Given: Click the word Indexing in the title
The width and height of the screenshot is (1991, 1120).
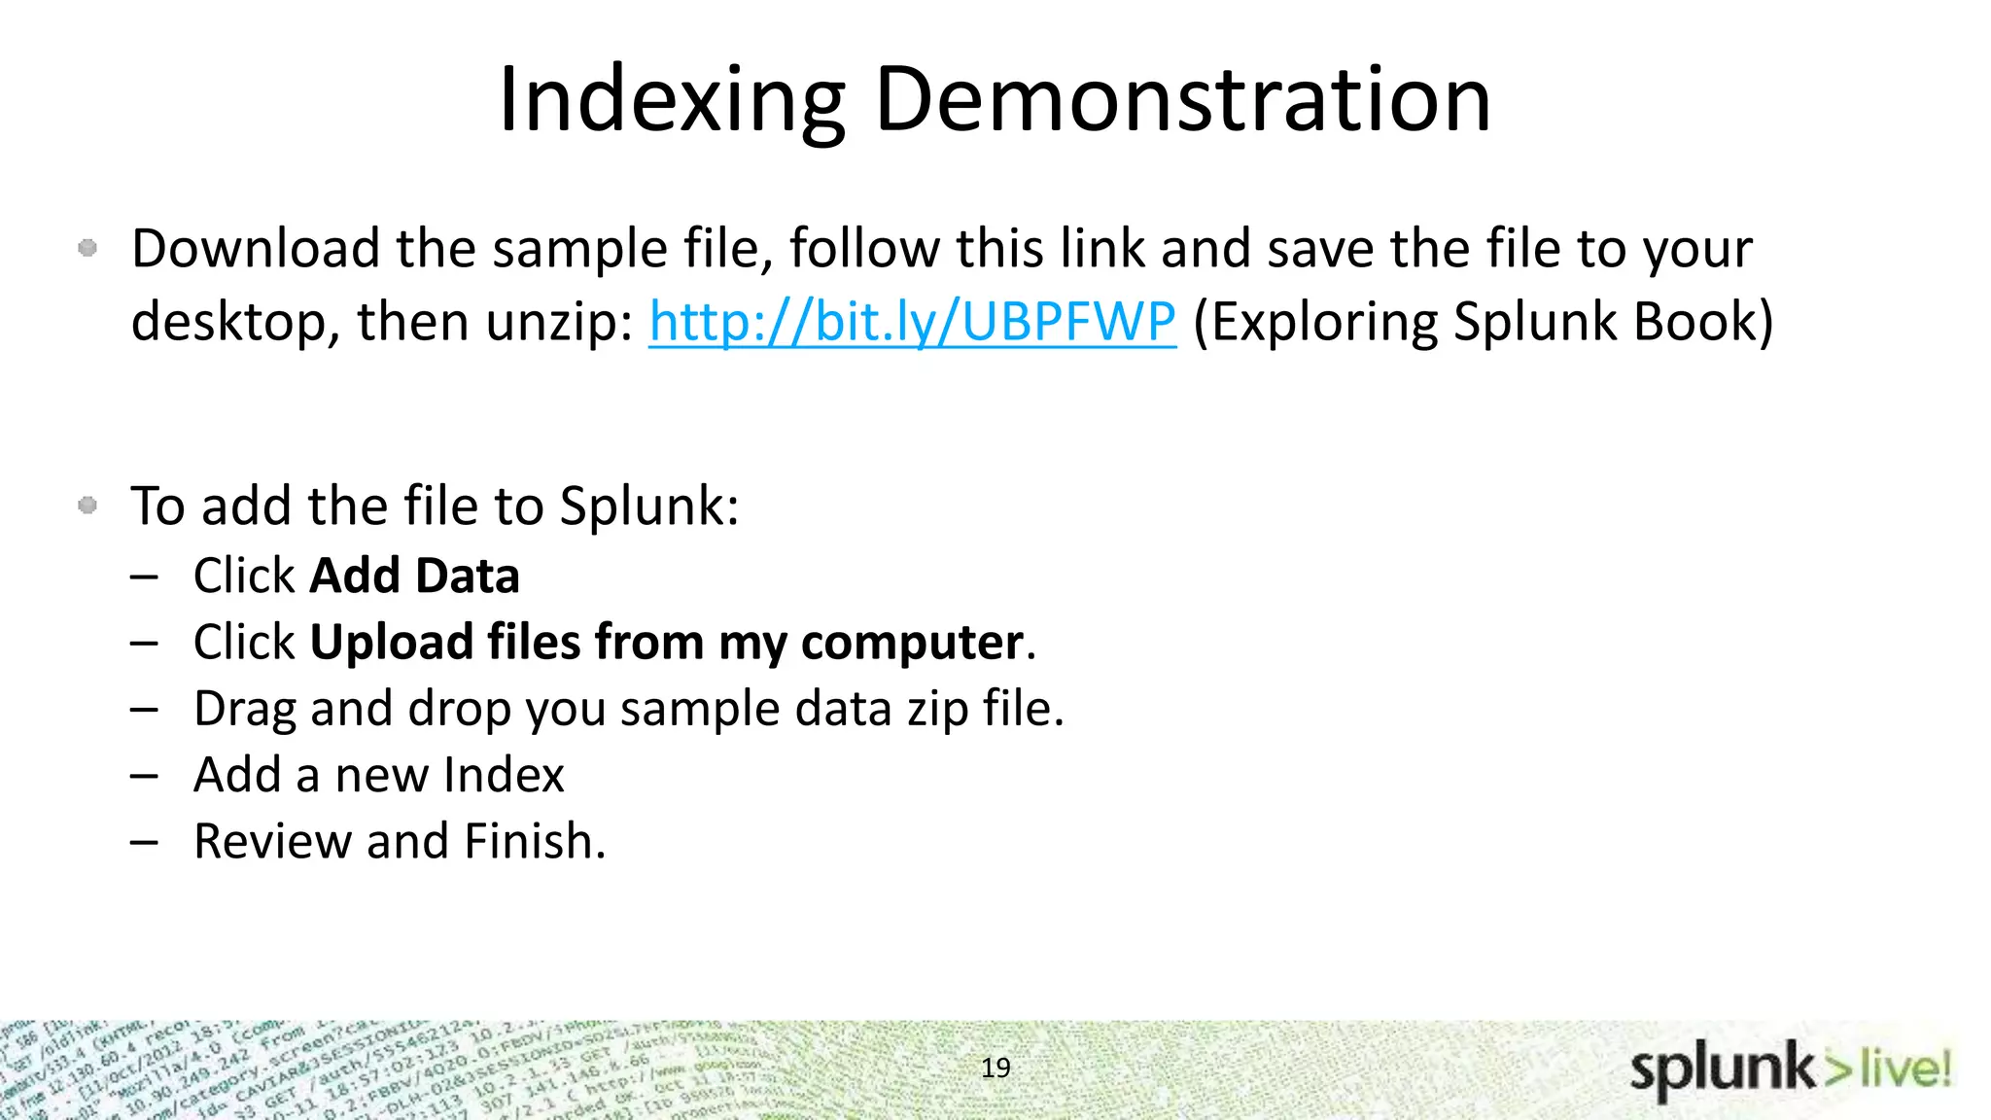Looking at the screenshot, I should point(672,100).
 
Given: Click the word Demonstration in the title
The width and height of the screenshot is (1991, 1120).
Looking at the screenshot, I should point(1183,100).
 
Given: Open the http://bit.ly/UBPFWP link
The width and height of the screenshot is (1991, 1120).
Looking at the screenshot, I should point(912,322).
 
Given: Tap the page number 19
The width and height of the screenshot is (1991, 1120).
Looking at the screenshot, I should point(995,1067).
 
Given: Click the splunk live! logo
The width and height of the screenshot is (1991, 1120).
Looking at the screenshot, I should point(1790,1070).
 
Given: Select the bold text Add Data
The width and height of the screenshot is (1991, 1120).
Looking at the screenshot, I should point(414,576).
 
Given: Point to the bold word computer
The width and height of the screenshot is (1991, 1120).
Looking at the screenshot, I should point(912,643).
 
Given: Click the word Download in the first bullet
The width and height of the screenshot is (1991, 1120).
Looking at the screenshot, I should point(256,249).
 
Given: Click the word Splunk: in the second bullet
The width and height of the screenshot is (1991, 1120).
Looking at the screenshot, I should point(649,507).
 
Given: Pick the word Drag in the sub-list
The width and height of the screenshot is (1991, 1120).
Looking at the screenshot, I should point(244,709).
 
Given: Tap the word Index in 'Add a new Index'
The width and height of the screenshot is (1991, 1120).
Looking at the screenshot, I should point(504,775).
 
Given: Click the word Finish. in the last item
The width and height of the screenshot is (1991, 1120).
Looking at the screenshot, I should point(535,841).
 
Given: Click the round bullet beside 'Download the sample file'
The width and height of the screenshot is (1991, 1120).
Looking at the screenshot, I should point(87,248).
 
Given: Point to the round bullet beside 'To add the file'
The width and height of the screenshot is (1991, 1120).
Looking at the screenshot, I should point(87,505).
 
